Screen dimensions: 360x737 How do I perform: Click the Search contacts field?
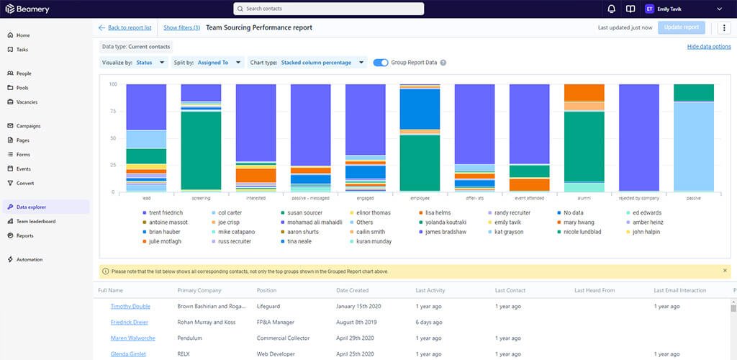[x=328, y=9]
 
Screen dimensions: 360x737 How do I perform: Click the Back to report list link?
[x=130, y=27]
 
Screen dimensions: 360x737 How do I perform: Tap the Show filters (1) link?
[x=181, y=27]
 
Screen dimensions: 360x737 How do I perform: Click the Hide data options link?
[x=709, y=46]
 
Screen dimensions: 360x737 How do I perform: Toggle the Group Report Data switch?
[x=381, y=63]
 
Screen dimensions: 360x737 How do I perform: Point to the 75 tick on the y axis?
[x=113, y=111]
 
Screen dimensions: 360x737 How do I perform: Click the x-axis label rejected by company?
[x=638, y=197]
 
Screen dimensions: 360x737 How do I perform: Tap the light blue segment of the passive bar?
[x=694, y=147]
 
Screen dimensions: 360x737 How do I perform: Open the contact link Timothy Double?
[x=130, y=306]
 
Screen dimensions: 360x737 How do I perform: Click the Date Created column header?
[x=352, y=290]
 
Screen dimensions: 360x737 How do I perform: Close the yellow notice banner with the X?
[x=725, y=271]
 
